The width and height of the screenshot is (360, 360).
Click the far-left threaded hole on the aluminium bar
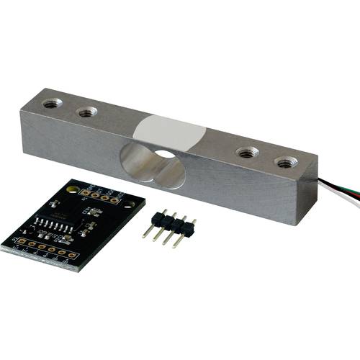52,104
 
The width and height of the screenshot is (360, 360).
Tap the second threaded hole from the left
87,112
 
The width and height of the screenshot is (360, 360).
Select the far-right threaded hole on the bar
286,162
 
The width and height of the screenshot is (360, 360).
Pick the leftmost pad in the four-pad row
86,192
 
